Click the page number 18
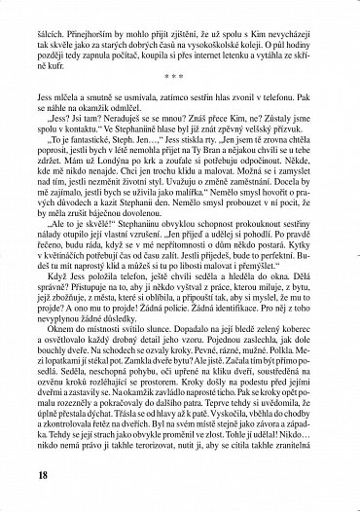click(39, 474)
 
